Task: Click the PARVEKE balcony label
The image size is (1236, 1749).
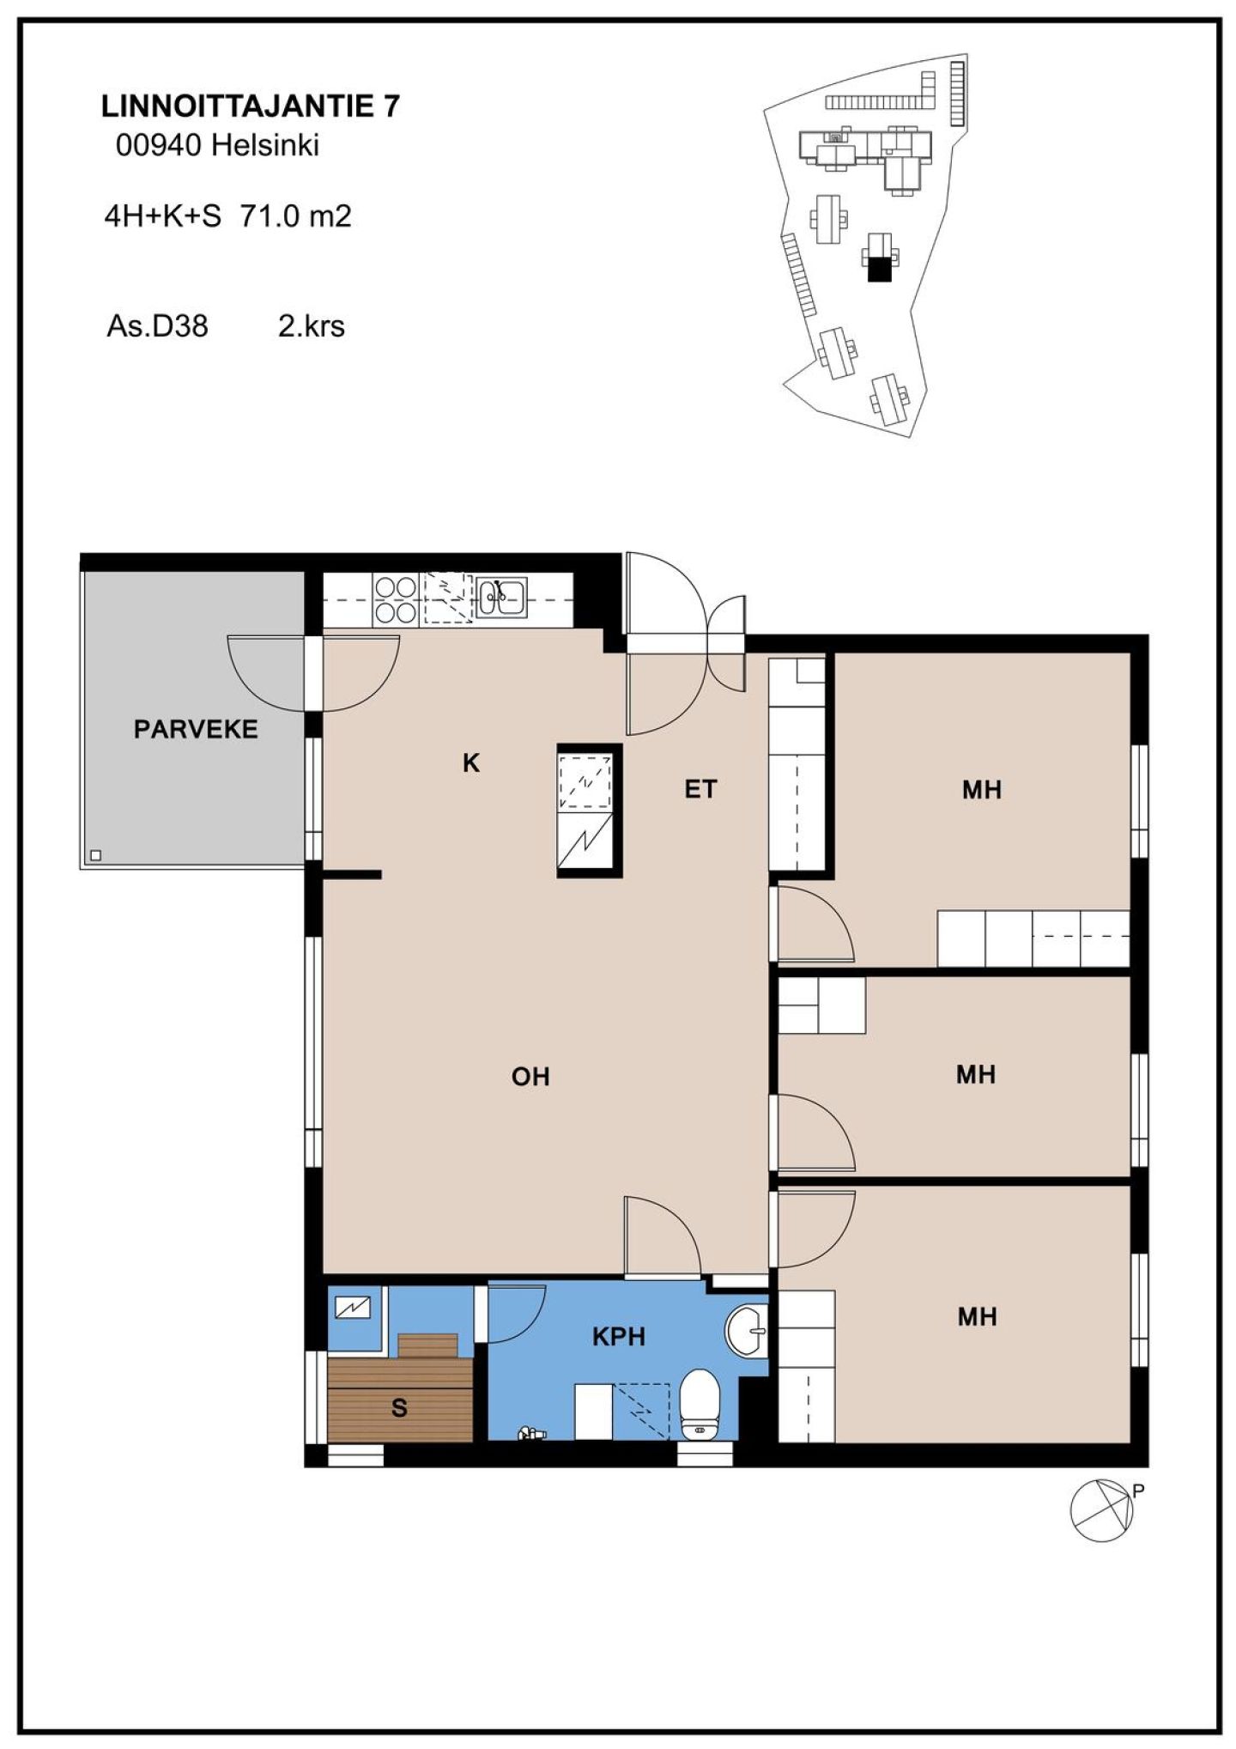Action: pos(196,729)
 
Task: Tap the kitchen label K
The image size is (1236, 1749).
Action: pos(470,762)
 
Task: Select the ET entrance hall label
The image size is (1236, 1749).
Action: pos(700,789)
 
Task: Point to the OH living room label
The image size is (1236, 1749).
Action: pos(530,1077)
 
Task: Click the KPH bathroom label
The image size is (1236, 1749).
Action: pos(618,1337)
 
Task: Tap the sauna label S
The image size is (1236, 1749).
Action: pos(399,1408)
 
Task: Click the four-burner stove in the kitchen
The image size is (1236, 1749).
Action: pos(395,599)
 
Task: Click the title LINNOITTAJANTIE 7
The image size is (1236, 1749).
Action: pos(251,106)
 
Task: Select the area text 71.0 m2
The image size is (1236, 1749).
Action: pos(295,216)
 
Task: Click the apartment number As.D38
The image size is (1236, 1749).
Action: pos(157,326)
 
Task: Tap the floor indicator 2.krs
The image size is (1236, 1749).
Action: pos(312,326)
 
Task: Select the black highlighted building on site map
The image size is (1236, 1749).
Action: pos(878,270)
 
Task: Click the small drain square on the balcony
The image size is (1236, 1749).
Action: pos(95,855)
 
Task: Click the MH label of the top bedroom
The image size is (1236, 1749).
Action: pos(982,790)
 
